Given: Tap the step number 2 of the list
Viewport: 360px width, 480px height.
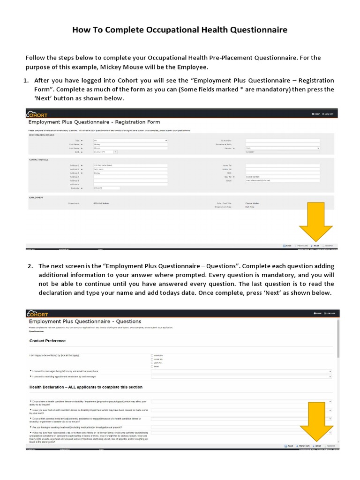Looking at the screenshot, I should pos(30,266).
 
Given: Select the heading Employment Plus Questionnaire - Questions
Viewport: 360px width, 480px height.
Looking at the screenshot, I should pos(85,322).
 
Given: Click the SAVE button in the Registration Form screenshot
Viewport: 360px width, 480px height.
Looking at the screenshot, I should pos(287,246).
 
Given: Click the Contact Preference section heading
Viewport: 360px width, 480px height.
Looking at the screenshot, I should pos(47,341).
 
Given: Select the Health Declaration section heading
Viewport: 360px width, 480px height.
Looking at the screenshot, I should pos(86,387).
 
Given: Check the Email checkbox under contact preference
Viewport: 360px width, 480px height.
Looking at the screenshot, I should pos(152,367).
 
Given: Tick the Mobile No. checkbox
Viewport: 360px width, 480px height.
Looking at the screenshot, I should pos(152,355).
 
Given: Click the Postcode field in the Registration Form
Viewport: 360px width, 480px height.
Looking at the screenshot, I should pos(106,188).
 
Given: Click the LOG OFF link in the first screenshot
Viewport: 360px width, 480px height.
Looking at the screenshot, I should pos(329,114).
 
